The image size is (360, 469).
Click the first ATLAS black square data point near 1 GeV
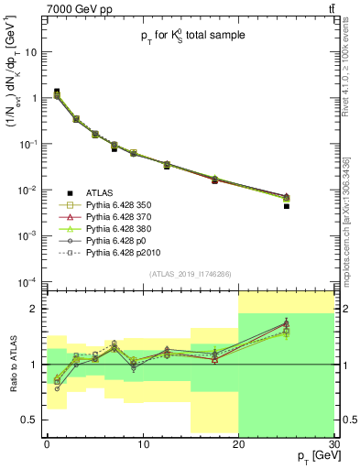tap(57, 92)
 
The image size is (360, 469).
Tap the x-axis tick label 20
tap(238, 444)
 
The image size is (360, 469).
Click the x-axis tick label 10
tap(142, 444)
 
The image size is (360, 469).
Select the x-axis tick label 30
tap(333, 444)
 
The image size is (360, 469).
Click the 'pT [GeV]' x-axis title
tap(313, 457)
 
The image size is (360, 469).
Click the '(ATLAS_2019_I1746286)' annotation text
tap(189, 274)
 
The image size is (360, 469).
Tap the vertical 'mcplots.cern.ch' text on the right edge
tap(353, 229)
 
